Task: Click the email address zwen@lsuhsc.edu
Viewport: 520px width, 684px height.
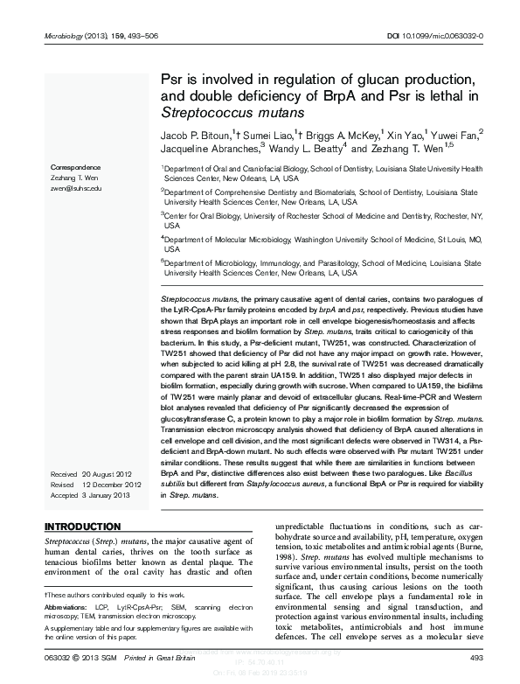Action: pos(77,188)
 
